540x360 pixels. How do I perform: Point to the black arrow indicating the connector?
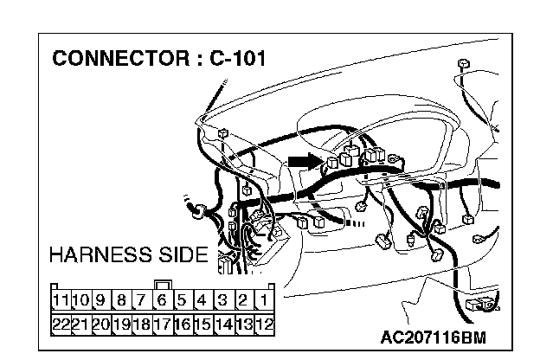(305, 160)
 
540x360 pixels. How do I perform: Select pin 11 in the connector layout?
(60, 301)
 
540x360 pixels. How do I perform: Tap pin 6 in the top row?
(161, 301)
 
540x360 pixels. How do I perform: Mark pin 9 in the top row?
(100, 301)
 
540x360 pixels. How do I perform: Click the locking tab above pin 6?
(161, 284)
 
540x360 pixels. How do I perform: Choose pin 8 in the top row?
(120, 301)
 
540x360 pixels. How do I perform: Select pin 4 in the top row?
(202, 301)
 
